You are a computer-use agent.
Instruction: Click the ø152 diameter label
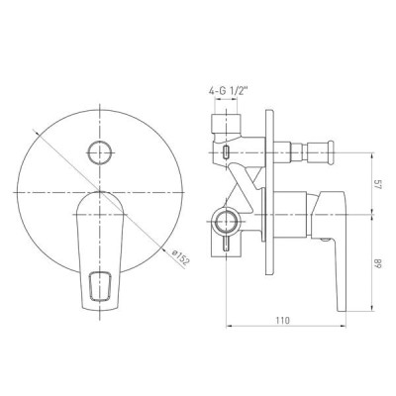[x=181, y=257]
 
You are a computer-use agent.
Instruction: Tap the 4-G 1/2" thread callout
[x=228, y=91]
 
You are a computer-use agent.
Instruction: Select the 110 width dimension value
[x=283, y=320]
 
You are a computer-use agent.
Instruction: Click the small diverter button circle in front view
[x=99, y=152]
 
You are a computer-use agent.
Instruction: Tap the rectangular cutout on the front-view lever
[x=101, y=286]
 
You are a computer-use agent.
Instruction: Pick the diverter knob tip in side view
[x=330, y=152]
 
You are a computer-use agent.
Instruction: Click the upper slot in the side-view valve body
[x=226, y=151]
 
